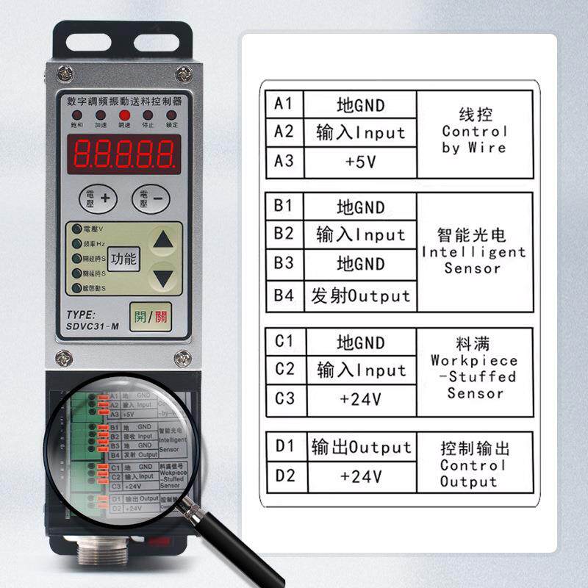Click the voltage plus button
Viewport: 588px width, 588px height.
coord(98,198)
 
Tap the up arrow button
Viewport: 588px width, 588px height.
coord(165,240)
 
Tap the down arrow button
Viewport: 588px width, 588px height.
coord(165,278)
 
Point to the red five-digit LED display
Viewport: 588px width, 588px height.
coord(124,153)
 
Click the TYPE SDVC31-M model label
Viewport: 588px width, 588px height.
coord(93,320)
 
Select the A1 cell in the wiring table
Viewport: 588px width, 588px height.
coord(284,104)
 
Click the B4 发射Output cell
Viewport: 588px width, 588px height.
coord(360,296)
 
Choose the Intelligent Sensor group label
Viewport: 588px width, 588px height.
coord(473,251)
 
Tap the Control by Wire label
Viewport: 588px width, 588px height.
coord(474,132)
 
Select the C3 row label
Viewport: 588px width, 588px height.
coord(284,398)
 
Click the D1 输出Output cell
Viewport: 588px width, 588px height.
coord(361,447)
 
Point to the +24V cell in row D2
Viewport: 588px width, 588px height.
coord(361,476)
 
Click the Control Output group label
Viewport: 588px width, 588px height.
coord(473,465)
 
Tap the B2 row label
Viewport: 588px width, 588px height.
coord(284,234)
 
